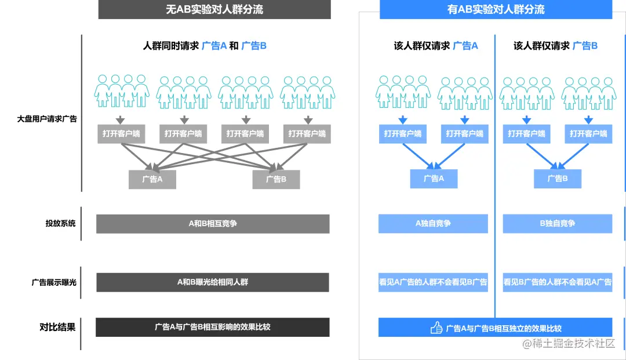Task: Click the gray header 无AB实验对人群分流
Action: coord(214,9)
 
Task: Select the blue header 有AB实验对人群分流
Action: coord(496,9)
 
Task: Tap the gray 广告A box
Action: coord(152,179)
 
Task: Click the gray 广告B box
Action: coord(276,179)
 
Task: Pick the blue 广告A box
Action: coord(434,179)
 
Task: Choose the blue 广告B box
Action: coord(558,179)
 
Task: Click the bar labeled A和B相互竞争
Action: coord(213,224)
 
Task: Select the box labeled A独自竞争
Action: coord(433,224)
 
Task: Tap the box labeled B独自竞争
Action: coord(558,224)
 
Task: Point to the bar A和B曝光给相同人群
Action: coord(213,282)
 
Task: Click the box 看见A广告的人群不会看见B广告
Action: coord(433,282)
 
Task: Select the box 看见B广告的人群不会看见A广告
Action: coord(558,282)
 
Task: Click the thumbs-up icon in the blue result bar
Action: coord(436,328)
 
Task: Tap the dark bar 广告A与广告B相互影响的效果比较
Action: coord(213,327)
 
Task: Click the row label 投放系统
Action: coord(60,223)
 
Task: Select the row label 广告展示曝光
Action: coord(54,282)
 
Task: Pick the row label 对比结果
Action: coord(57,327)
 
